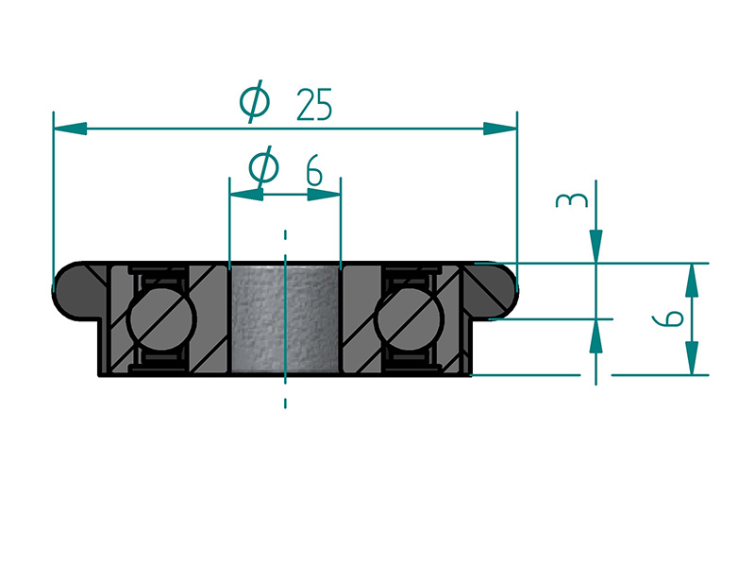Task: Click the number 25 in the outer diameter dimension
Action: pos(314,104)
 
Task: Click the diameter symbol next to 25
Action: pos(255,101)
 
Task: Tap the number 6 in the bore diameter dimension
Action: pos(314,170)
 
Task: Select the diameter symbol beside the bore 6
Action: pos(263,167)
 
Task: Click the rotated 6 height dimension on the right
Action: pos(667,318)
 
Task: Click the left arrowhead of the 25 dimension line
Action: pos(70,129)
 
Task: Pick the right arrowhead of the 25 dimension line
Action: pos(500,129)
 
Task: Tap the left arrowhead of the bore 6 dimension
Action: pos(247,195)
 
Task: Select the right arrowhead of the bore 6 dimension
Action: pos(324,195)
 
